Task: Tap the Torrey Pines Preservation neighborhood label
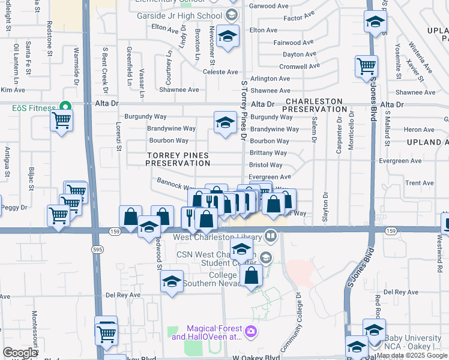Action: tap(177, 159)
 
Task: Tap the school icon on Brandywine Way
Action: tap(224, 123)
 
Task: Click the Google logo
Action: tap(20, 353)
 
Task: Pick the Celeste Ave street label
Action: tap(221, 72)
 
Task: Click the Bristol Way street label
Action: tap(266, 165)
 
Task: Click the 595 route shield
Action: tap(96, 248)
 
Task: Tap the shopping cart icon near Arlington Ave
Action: tap(366, 67)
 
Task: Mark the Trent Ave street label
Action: tap(420, 183)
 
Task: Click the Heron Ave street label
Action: tap(419, 130)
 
